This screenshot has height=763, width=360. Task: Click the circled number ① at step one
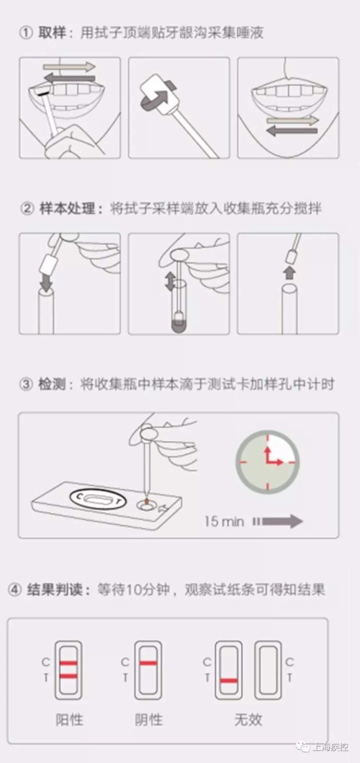pyautogui.click(x=26, y=33)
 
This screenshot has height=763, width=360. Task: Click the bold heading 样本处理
pyautogui.click(x=67, y=208)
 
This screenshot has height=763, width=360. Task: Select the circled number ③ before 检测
pyautogui.click(x=26, y=384)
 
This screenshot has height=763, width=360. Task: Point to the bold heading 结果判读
pyautogui.click(x=55, y=589)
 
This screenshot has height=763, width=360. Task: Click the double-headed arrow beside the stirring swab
pyautogui.click(x=169, y=281)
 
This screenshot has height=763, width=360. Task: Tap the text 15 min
pyautogui.click(x=224, y=522)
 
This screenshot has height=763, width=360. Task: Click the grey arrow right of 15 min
pyautogui.click(x=278, y=522)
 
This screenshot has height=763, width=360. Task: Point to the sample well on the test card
pyautogui.click(x=146, y=505)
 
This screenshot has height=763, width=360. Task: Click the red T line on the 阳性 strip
pyautogui.click(x=69, y=676)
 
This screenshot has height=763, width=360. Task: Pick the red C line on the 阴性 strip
pyautogui.click(x=148, y=663)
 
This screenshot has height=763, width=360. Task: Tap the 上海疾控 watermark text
pyautogui.click(x=330, y=747)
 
